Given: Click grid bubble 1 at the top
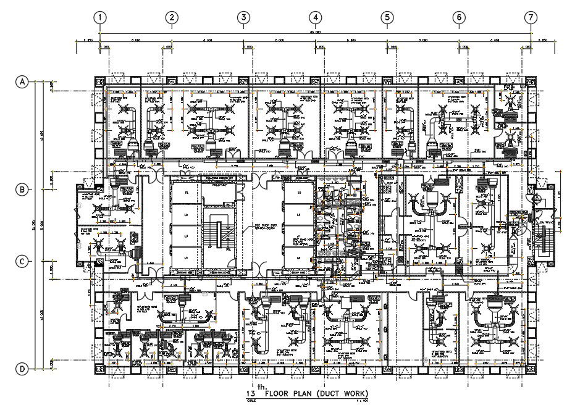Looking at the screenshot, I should click(101, 17).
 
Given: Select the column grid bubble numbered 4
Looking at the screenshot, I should click(316, 17).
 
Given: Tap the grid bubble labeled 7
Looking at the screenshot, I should click(531, 17).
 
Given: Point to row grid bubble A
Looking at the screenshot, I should click(23, 81).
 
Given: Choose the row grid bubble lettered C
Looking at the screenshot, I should click(23, 261).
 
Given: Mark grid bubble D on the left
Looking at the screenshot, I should click(23, 369).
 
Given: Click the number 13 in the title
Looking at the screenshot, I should click(251, 394).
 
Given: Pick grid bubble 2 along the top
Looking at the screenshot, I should click(172, 17).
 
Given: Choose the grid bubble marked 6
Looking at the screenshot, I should click(459, 17).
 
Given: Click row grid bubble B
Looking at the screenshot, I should click(23, 190).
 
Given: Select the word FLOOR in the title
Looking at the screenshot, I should click(277, 394).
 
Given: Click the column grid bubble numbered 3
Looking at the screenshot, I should click(244, 17).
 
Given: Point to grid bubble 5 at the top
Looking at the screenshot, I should click(387, 17).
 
